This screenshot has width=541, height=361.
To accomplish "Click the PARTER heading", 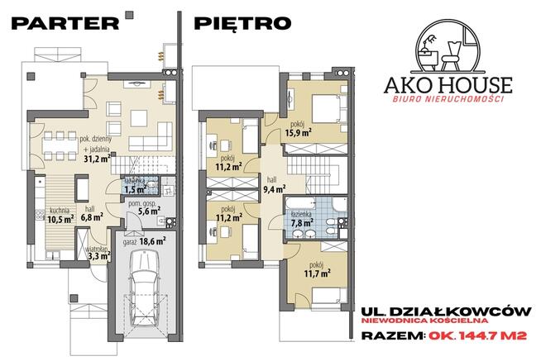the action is [65, 23].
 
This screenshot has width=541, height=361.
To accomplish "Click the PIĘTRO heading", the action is [242, 23].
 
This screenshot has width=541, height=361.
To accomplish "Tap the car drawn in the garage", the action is [144, 287].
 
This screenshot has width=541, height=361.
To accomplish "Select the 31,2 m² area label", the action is [97, 159].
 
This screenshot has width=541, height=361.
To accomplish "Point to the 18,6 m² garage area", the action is [152, 241].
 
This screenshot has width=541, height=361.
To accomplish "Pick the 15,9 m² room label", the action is [299, 132].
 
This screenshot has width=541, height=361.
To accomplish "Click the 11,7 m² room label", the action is [317, 273].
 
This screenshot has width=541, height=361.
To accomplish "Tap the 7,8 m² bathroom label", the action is [302, 222].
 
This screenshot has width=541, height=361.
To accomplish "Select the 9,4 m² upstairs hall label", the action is [275, 188].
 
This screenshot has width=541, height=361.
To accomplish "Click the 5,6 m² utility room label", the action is [149, 211].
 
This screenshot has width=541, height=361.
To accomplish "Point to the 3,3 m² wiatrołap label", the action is [99, 255].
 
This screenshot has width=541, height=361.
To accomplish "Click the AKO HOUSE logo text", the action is [448, 85].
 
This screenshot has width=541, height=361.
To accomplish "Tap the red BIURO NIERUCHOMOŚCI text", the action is [448, 99].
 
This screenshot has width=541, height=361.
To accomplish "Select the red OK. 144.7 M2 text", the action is [478, 335].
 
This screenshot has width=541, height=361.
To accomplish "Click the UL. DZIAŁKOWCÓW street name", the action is [446, 311].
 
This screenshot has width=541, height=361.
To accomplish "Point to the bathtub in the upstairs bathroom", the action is [299, 203].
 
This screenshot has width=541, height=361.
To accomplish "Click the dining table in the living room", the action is [60, 145].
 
